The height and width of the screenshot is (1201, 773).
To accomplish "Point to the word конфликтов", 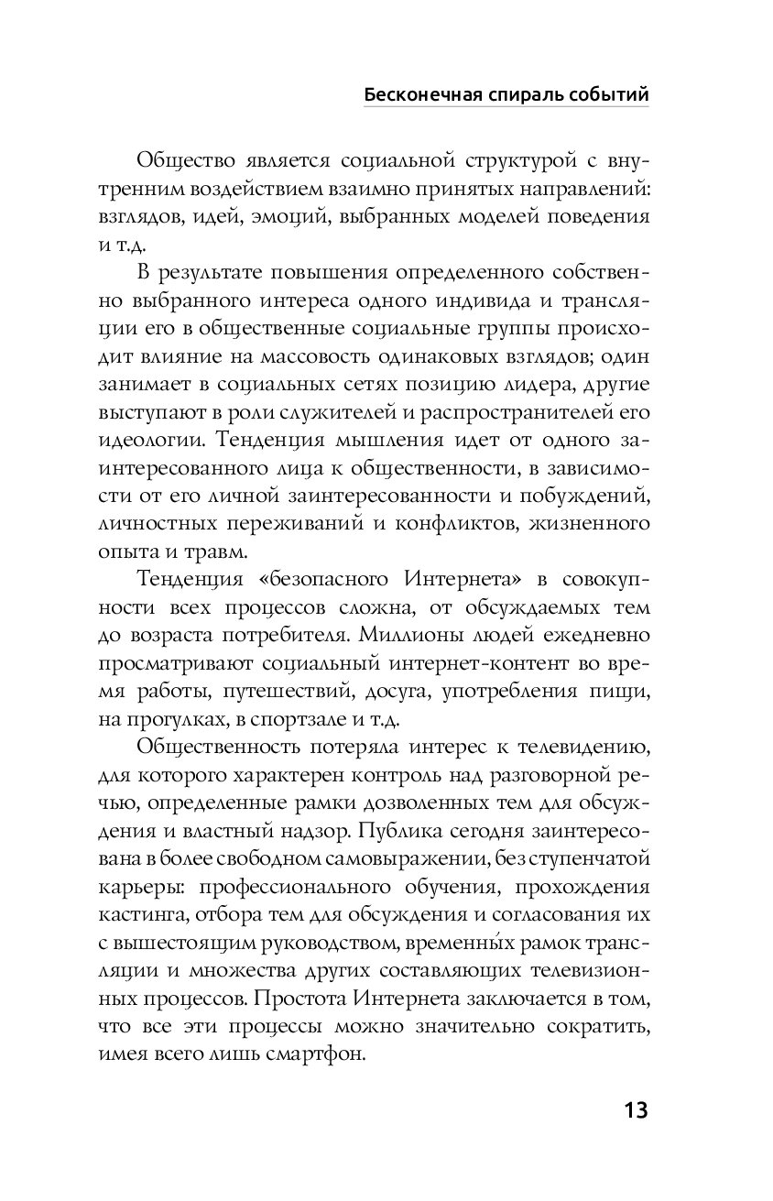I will [x=442, y=524].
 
